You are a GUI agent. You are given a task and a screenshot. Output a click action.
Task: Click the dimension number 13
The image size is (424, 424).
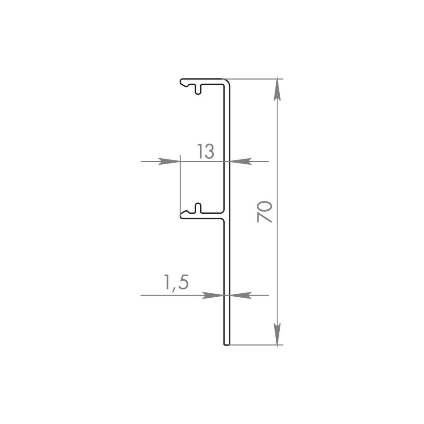click(x=205, y=151)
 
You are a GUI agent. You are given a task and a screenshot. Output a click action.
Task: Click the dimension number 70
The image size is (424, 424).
click(x=264, y=212)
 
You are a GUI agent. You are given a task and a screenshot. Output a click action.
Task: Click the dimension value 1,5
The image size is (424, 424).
click(x=176, y=282)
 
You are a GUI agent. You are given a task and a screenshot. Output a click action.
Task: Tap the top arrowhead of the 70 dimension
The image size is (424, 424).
click(x=277, y=89)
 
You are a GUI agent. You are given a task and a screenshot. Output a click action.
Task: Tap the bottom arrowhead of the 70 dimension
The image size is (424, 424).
click(x=277, y=334)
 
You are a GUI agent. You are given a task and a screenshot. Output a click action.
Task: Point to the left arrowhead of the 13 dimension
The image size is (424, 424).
click(x=169, y=161)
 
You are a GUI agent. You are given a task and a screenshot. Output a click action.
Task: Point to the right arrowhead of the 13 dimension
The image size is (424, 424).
click(x=240, y=161)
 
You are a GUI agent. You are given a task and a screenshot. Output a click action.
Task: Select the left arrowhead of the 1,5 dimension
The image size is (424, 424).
click(x=213, y=295)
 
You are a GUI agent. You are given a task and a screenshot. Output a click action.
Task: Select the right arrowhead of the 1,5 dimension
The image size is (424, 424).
click(x=240, y=295)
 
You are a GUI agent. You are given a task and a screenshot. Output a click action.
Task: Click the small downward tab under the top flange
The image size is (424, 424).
click(x=198, y=90)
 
